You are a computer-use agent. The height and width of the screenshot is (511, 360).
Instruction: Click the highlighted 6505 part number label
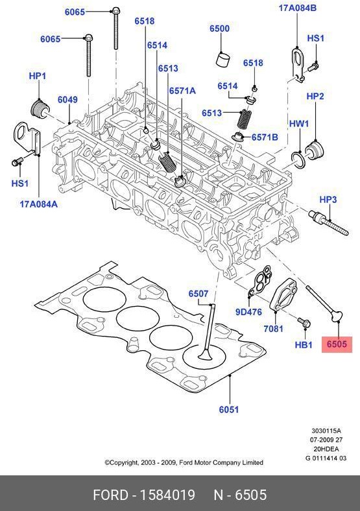337,345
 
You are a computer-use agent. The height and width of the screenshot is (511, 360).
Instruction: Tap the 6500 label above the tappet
219,29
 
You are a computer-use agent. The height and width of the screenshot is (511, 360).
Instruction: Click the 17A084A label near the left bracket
38,204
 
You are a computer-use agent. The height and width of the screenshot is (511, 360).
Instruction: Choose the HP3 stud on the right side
330,223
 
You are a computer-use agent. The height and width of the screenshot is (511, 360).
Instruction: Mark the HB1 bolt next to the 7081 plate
302,322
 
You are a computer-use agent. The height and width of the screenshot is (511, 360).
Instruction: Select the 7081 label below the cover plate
274,329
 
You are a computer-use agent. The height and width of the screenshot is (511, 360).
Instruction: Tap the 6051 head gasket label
228,409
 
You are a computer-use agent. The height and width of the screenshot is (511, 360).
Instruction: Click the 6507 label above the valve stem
198,294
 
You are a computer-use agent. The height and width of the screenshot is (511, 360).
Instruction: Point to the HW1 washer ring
298,158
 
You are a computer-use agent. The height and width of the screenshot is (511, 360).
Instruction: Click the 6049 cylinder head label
67,100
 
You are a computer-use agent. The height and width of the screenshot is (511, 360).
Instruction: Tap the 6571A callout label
182,91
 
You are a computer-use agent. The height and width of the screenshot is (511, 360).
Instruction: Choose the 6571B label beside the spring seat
265,137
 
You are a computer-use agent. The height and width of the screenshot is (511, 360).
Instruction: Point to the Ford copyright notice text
184,462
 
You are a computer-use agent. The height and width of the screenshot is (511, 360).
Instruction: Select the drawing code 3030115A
326,431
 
